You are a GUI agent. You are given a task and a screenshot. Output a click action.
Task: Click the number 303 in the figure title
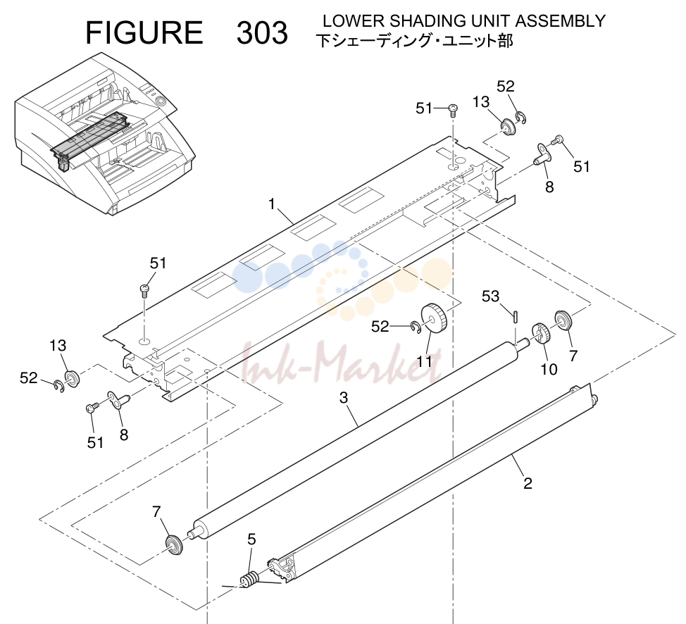click(262, 33)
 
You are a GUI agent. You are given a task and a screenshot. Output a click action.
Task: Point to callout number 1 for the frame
click(272, 204)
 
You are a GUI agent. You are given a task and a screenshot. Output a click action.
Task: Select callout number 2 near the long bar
click(528, 484)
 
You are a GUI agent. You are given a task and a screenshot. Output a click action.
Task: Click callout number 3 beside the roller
click(344, 398)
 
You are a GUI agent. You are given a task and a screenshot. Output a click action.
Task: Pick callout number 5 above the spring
click(251, 539)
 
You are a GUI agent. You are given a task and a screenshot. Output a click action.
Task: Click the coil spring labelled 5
click(249, 580)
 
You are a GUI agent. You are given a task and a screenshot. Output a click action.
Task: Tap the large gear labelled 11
click(433, 318)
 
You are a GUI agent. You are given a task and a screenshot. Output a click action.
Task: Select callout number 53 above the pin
click(490, 297)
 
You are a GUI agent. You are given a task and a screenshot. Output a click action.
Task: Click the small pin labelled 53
click(516, 316)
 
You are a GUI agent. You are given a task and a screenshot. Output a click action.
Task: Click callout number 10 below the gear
click(549, 369)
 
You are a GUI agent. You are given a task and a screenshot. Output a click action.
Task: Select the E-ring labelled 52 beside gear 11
click(416, 327)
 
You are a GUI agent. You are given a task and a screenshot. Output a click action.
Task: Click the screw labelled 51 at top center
click(454, 110)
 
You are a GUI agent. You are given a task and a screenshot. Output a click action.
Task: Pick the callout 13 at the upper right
click(481, 102)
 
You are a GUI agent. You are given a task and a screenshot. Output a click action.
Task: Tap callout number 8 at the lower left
click(124, 435)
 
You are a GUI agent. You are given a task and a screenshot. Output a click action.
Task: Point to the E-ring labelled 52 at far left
click(58, 387)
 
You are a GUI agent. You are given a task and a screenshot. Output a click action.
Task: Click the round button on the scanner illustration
click(161, 101)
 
